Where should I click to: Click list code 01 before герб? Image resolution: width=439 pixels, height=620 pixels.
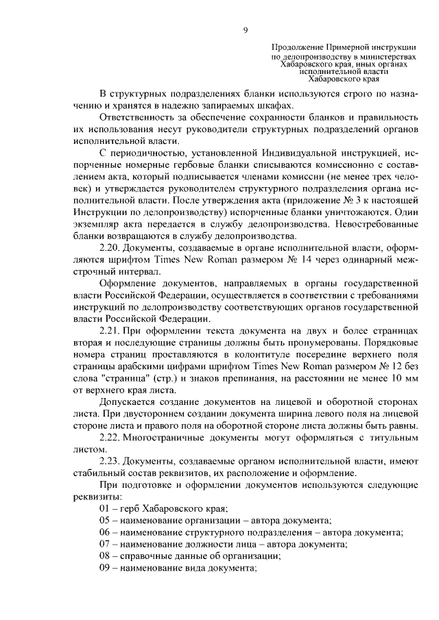click(x=105, y=508)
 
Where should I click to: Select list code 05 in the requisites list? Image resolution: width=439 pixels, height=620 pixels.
click(x=105, y=521)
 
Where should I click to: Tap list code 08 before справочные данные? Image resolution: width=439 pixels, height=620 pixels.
click(x=105, y=556)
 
